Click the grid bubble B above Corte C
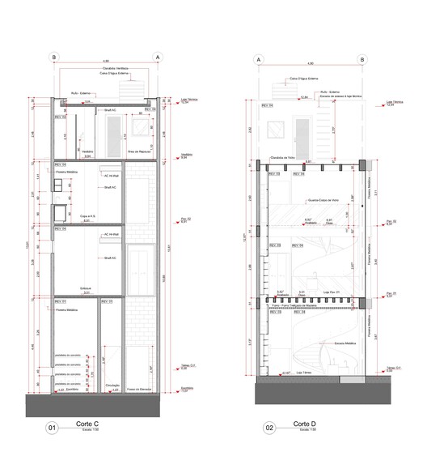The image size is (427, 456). pyautogui.click(x=54, y=57)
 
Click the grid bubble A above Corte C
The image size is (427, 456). pyautogui.click(x=159, y=57)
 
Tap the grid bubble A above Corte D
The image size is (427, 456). pyautogui.click(x=259, y=59)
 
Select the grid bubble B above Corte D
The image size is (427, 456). pyautogui.click(x=363, y=59)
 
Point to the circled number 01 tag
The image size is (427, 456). pyautogui.click(x=53, y=428)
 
